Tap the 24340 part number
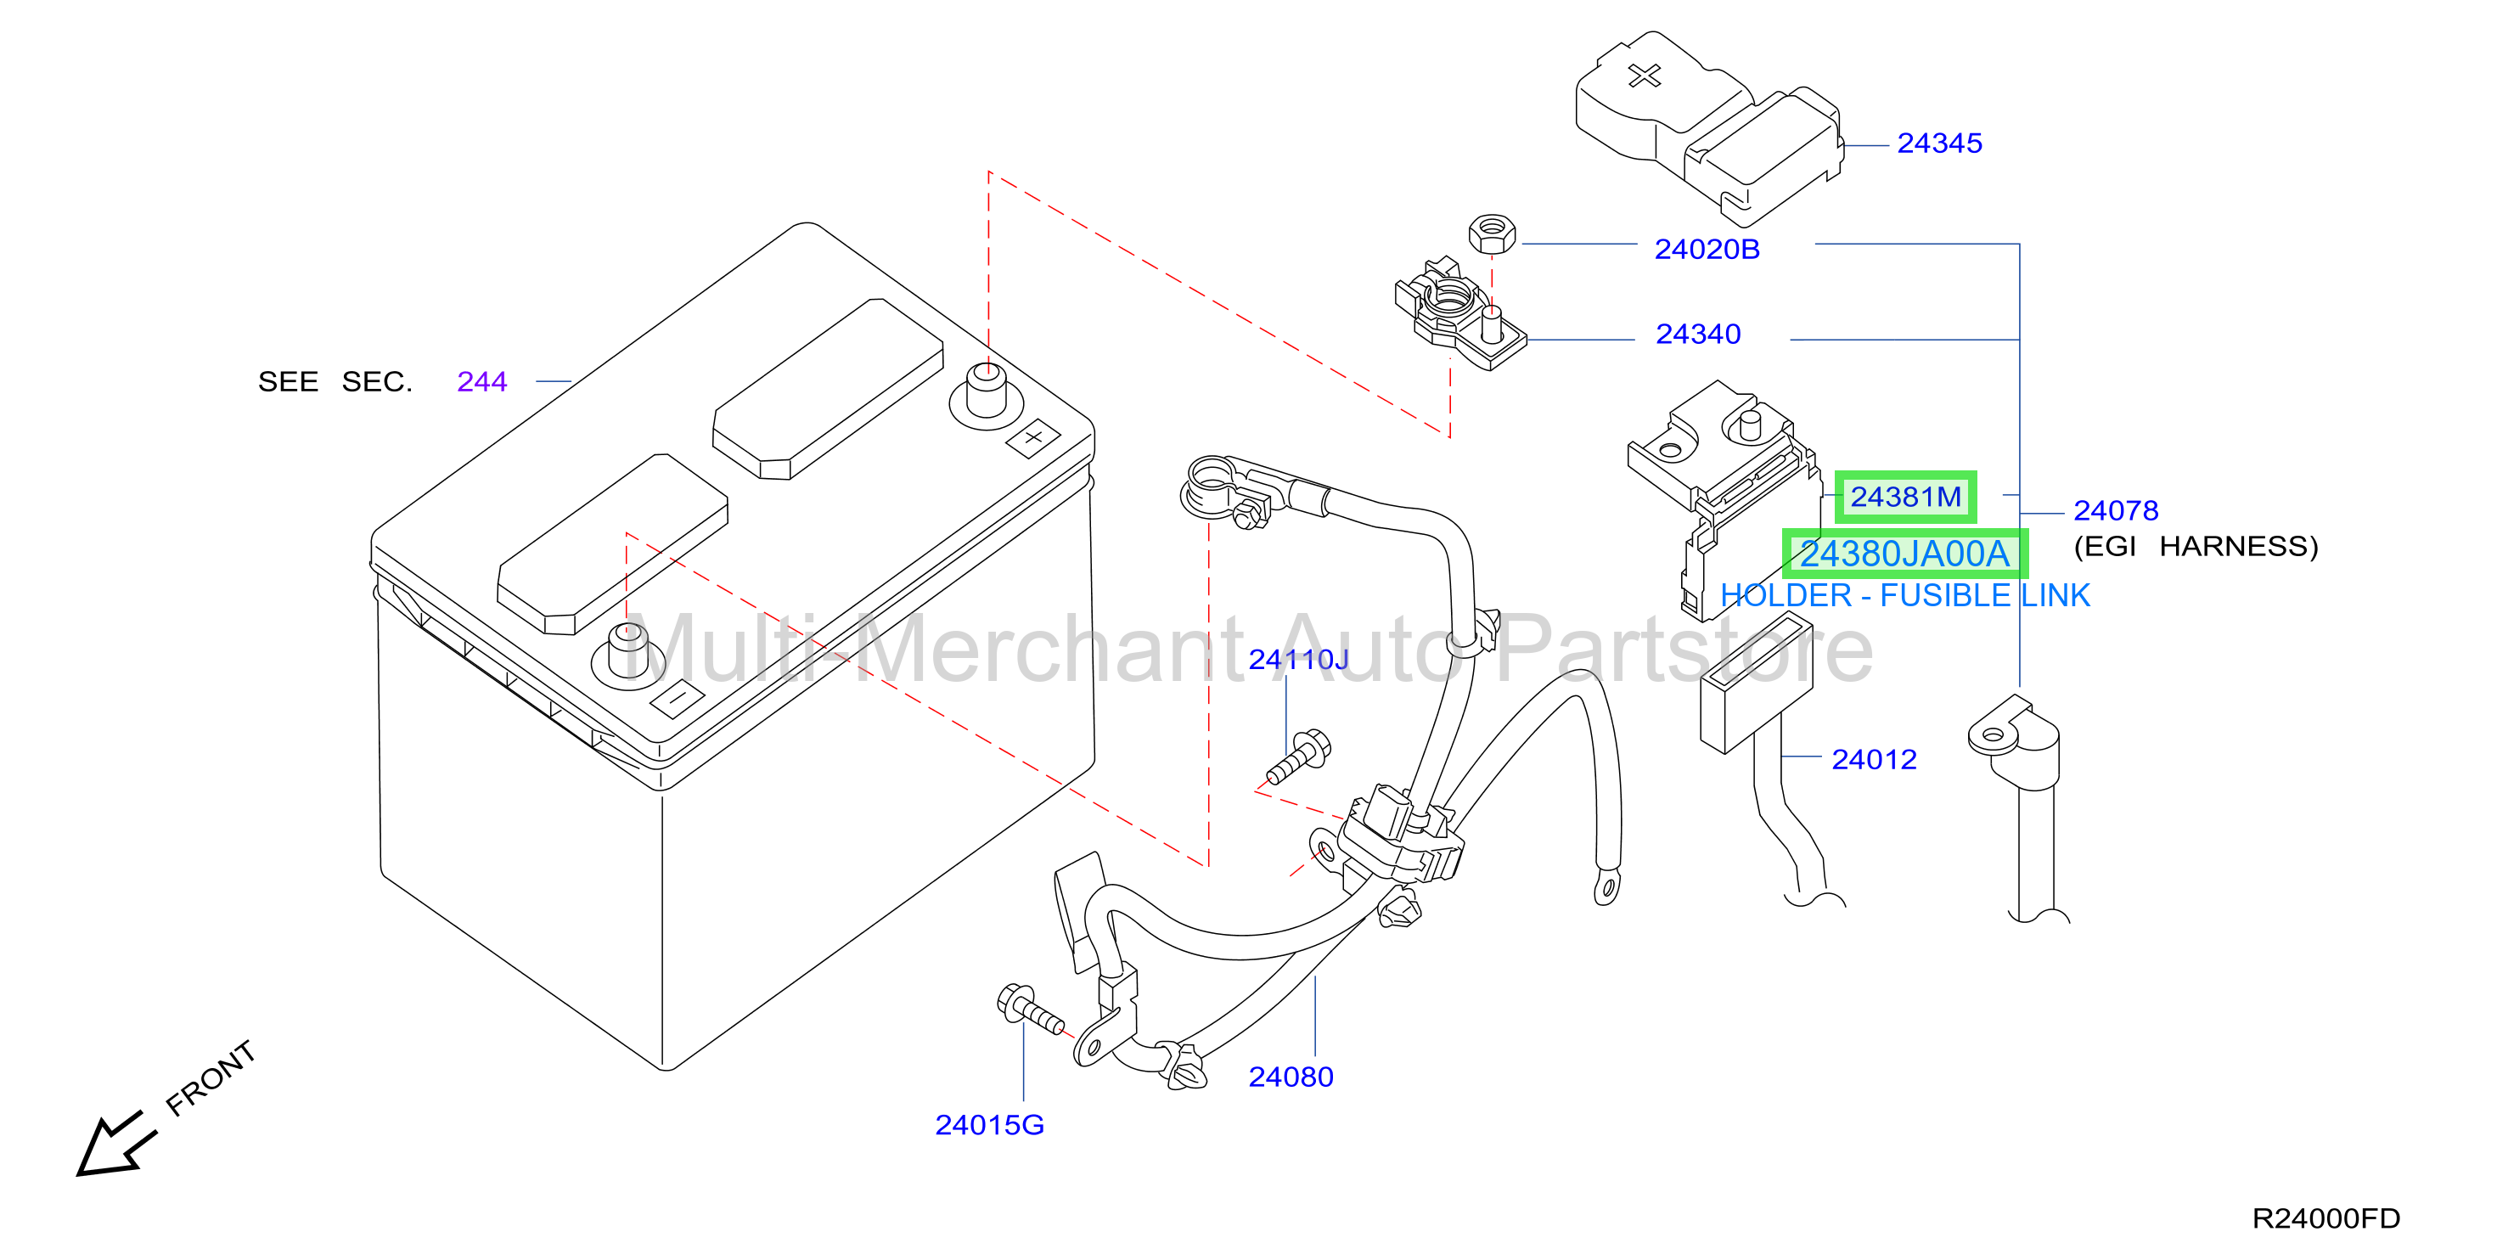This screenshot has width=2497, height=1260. coord(1697,335)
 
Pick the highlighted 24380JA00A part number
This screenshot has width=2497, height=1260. coord(1904,554)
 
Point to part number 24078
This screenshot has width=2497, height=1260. coord(2115,511)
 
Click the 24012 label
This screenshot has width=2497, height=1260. coord(1874,760)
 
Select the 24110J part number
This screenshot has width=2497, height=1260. coord(1298,660)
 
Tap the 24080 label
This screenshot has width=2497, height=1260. coord(1291,1077)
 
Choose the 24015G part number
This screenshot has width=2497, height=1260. coord(989,1125)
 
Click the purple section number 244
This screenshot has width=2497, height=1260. coord(481,382)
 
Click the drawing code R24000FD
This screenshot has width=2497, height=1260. coord(2325,1218)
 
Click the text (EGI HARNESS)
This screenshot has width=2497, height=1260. coord(2196,547)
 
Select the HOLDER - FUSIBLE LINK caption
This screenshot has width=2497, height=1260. coord(1904,595)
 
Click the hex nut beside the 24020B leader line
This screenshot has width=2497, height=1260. coord(1492,233)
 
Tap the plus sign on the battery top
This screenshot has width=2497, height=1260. coord(1033,437)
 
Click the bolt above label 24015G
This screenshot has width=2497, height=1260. coord(1029,1009)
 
